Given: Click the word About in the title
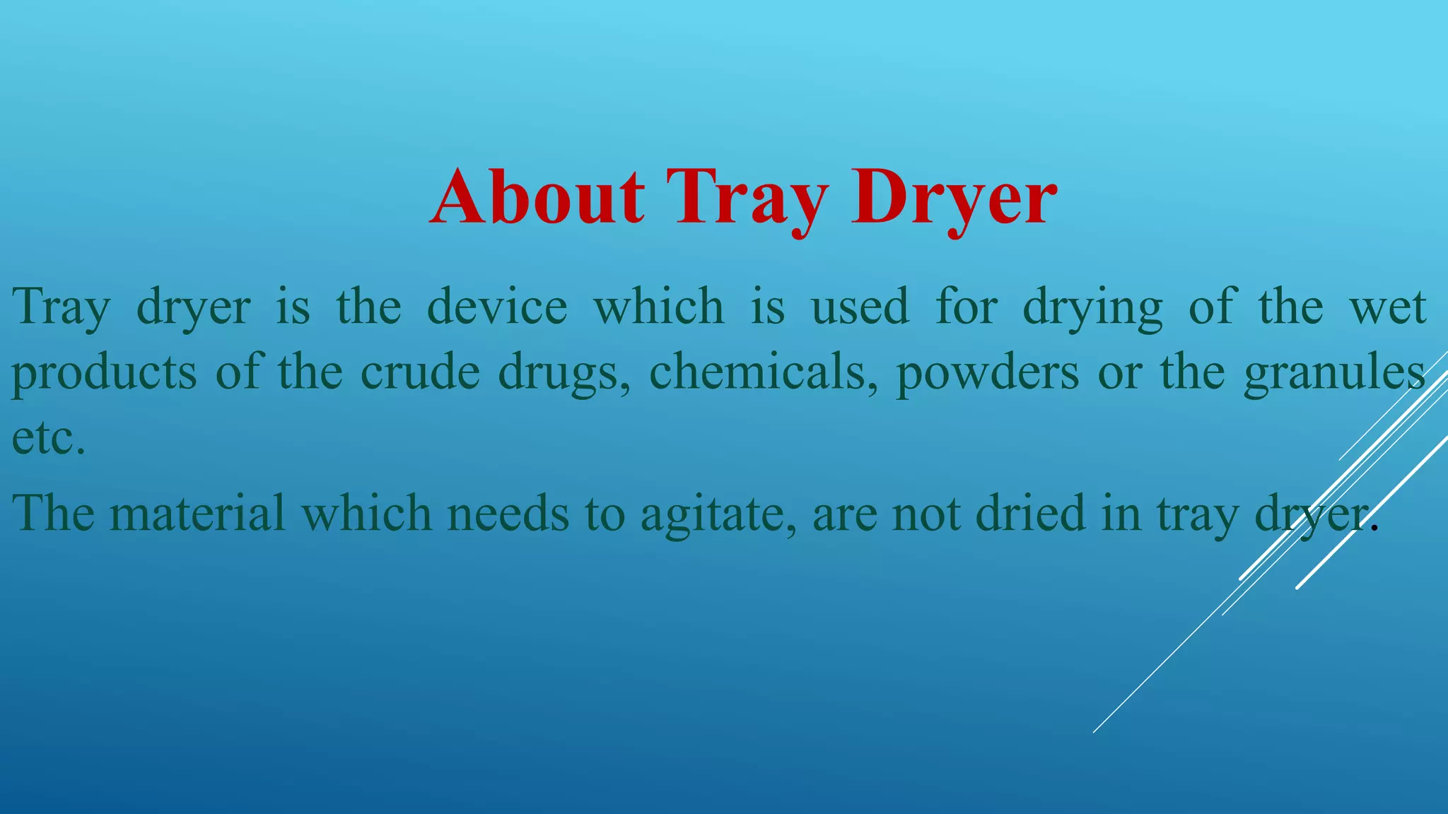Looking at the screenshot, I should tap(537, 197).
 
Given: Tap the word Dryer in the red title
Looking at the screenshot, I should tap(954, 197).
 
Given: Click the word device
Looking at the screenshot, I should tap(497, 307).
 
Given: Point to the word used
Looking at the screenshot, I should tap(859, 307).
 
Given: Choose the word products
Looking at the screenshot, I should tap(104, 372).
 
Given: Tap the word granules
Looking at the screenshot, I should tap(1334, 372).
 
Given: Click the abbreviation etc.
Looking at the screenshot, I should tap(48, 438).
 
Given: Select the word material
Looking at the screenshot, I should tap(197, 513).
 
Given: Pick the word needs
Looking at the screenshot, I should tap(508, 513).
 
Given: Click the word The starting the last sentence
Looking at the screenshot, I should tap(53, 513).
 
